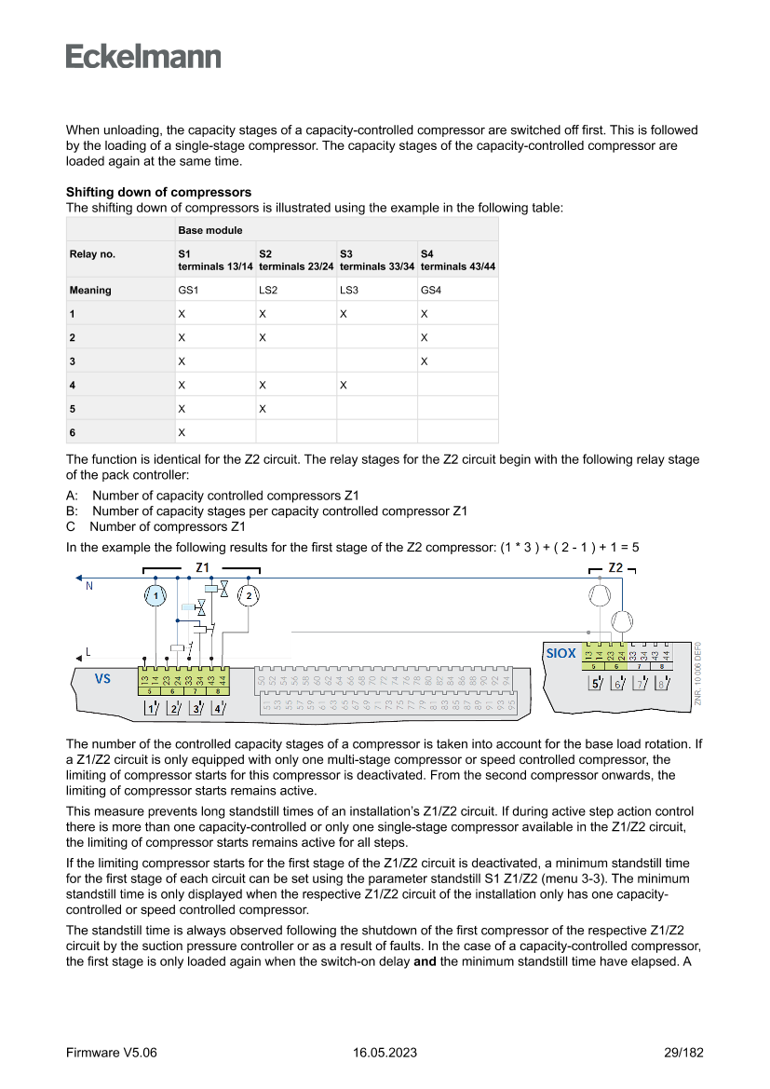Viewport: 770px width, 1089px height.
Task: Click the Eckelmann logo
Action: pyautogui.click(x=143, y=57)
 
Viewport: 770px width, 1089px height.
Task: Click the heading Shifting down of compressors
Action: pyautogui.click(x=158, y=193)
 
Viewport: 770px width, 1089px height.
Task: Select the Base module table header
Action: pyautogui.click(x=210, y=230)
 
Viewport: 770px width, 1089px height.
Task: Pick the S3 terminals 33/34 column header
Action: pyautogui.click(x=376, y=259)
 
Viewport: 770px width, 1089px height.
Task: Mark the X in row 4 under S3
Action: pyautogui.click(x=344, y=384)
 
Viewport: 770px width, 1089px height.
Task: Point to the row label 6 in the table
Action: pyautogui.click(x=73, y=432)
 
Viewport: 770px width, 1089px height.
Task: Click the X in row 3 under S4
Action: pyautogui.click(x=425, y=361)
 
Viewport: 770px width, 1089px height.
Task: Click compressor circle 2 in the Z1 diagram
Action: pyautogui.click(x=248, y=594)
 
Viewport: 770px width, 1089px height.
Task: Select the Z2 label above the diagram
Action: pyautogui.click(x=615, y=567)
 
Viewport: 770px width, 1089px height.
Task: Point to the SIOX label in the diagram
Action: pyautogui.click(x=561, y=654)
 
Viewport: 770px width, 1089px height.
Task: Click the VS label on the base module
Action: pyautogui.click(x=102, y=678)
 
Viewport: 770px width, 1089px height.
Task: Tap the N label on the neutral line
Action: pyautogui.click(x=88, y=586)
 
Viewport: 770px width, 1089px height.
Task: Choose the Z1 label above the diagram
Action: pyautogui.click(x=203, y=567)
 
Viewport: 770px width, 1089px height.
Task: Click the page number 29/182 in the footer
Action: pyautogui.click(x=682, y=1053)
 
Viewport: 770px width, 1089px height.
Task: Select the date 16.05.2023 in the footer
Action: pyautogui.click(x=385, y=1053)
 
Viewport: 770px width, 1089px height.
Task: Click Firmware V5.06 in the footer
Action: pyautogui.click(x=112, y=1053)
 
